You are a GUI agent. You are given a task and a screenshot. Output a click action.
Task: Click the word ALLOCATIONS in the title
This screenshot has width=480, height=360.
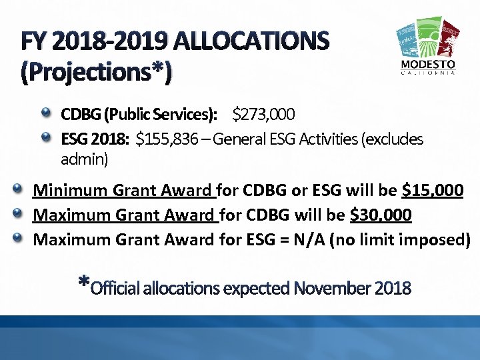click(x=251, y=43)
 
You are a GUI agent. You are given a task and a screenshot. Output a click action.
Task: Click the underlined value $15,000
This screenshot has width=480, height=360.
click(x=433, y=191)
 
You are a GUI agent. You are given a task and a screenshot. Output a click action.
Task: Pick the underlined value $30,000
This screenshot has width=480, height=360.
click(x=381, y=215)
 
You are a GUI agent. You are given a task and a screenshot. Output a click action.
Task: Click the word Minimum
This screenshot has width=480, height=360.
click(x=71, y=191)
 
